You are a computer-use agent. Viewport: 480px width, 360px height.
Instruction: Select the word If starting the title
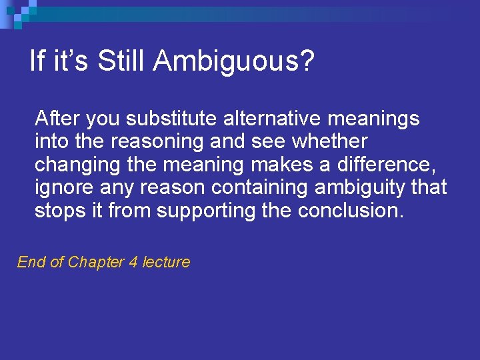pos(37,61)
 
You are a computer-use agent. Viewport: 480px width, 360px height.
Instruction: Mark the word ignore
pos(60,187)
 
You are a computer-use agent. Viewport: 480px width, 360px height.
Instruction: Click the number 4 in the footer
pos(133,262)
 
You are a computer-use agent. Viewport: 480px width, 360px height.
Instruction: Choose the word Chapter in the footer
pos(97,262)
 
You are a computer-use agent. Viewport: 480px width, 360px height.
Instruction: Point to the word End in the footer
pos(31,262)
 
